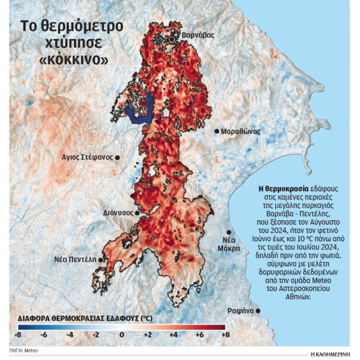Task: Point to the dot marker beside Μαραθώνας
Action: tap(216, 130)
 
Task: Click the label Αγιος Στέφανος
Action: tap(87, 157)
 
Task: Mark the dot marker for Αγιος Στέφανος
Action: tap(117, 157)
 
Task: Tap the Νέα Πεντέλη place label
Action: tap(76, 260)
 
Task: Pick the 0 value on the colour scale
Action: tap(122, 336)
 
